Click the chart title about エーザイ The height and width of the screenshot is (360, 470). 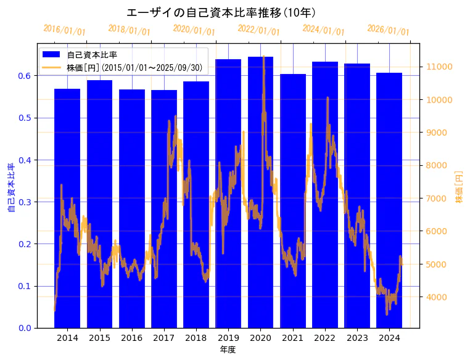[x=221, y=13]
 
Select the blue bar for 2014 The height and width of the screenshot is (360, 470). [x=67, y=210]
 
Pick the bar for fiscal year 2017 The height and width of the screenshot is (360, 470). [x=164, y=210]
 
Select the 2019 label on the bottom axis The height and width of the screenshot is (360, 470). [x=228, y=338]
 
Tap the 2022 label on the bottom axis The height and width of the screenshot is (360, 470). [x=325, y=338]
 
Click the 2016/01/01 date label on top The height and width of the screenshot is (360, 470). [x=64, y=30]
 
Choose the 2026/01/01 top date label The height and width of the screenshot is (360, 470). [x=388, y=30]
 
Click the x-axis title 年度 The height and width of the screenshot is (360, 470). [x=228, y=350]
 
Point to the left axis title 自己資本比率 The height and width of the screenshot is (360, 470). [x=11, y=188]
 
